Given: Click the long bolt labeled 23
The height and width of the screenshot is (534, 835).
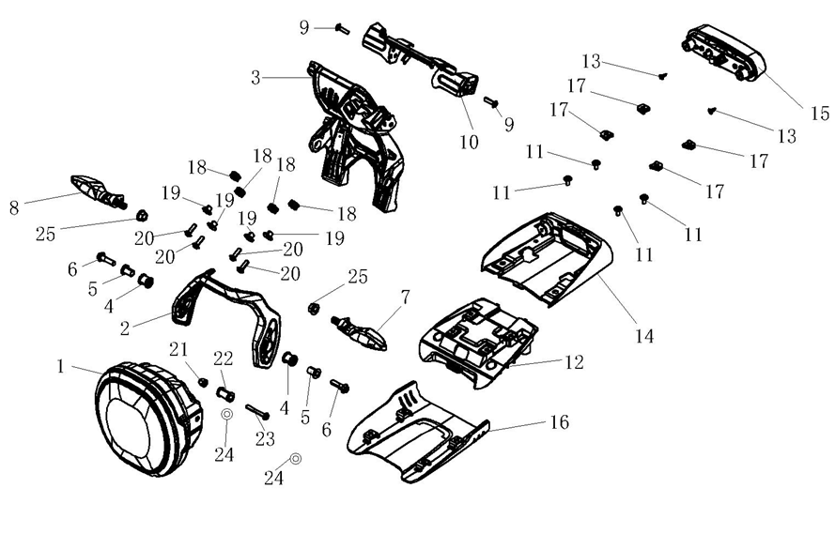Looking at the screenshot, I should pyautogui.click(x=258, y=410).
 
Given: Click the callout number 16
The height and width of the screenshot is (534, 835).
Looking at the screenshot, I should pyautogui.click(x=559, y=422).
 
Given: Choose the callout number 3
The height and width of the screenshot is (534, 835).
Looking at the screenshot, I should pyautogui.click(x=255, y=78).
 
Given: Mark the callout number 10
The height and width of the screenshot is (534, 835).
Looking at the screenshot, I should pyautogui.click(x=469, y=143).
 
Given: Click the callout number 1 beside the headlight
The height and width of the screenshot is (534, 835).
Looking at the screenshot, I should pyautogui.click(x=61, y=366).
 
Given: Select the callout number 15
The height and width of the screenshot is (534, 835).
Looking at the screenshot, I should pyautogui.click(x=819, y=114).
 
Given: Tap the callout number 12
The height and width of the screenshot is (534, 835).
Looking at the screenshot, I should pyautogui.click(x=574, y=361).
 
